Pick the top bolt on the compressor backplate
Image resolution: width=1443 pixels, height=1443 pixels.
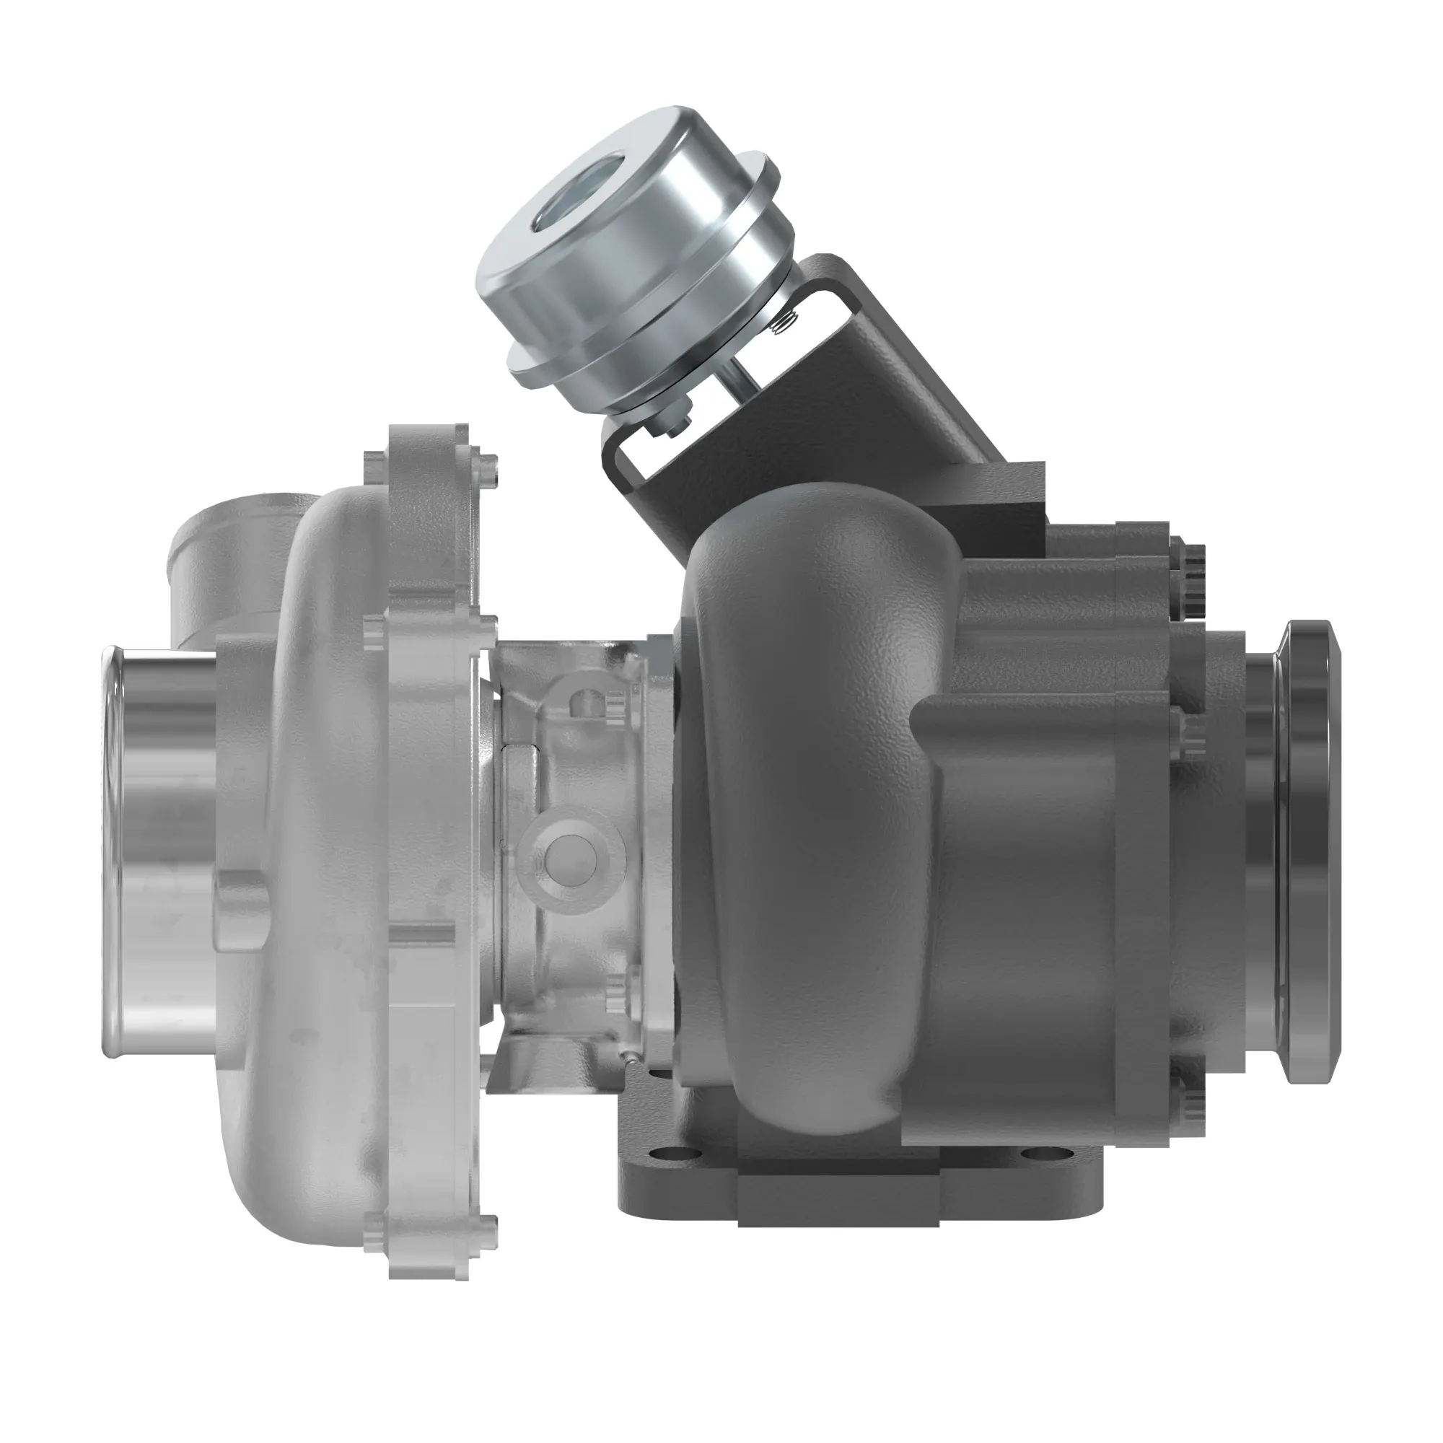[x=488, y=468]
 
